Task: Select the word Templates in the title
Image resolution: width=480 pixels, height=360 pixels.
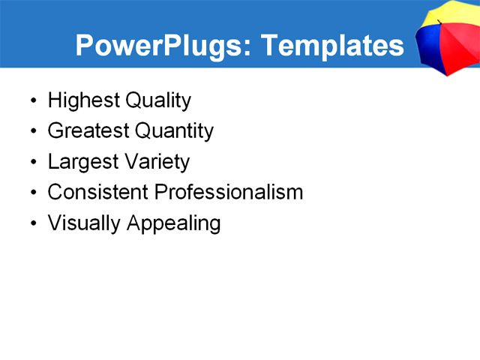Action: (x=332, y=46)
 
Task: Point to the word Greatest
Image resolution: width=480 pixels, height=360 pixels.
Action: (x=88, y=131)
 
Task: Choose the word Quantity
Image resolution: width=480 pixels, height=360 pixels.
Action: (x=174, y=131)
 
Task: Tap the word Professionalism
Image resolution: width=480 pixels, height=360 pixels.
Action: (x=228, y=192)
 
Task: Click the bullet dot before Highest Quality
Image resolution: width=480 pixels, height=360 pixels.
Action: (x=32, y=101)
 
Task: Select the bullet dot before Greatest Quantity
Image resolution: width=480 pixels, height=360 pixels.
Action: (x=32, y=132)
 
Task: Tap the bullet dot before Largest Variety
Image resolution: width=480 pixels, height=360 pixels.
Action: (x=32, y=163)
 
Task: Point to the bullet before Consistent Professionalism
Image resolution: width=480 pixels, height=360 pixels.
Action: (x=32, y=193)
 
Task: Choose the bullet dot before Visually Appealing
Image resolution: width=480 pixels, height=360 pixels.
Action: (x=32, y=224)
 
